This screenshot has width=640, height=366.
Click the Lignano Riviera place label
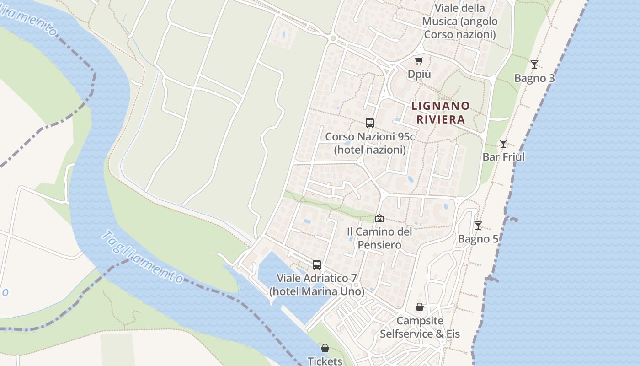(x=440, y=113)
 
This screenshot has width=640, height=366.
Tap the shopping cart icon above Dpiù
(x=419, y=60)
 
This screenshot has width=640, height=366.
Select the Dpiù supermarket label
(x=419, y=74)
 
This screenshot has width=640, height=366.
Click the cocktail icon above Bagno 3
(x=534, y=64)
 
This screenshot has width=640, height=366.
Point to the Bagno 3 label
(x=534, y=78)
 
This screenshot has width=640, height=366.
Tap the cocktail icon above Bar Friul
(x=503, y=143)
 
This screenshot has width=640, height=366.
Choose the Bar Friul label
(x=504, y=157)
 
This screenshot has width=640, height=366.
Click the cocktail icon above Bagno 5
(x=478, y=225)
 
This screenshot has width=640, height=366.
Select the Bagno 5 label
(x=478, y=239)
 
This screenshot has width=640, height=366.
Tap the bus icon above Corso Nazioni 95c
(x=370, y=123)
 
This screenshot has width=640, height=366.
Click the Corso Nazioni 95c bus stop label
(x=370, y=143)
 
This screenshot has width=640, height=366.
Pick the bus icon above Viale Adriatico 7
(x=316, y=264)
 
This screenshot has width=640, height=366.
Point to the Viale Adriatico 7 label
(x=317, y=285)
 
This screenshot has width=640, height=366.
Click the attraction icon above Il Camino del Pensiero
(x=379, y=218)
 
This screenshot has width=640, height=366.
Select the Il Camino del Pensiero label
(x=379, y=238)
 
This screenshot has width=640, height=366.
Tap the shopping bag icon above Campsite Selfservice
(x=419, y=307)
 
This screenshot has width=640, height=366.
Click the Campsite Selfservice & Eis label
(x=420, y=327)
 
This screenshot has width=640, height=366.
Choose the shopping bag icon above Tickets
(x=325, y=348)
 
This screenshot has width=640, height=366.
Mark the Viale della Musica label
(x=459, y=21)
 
